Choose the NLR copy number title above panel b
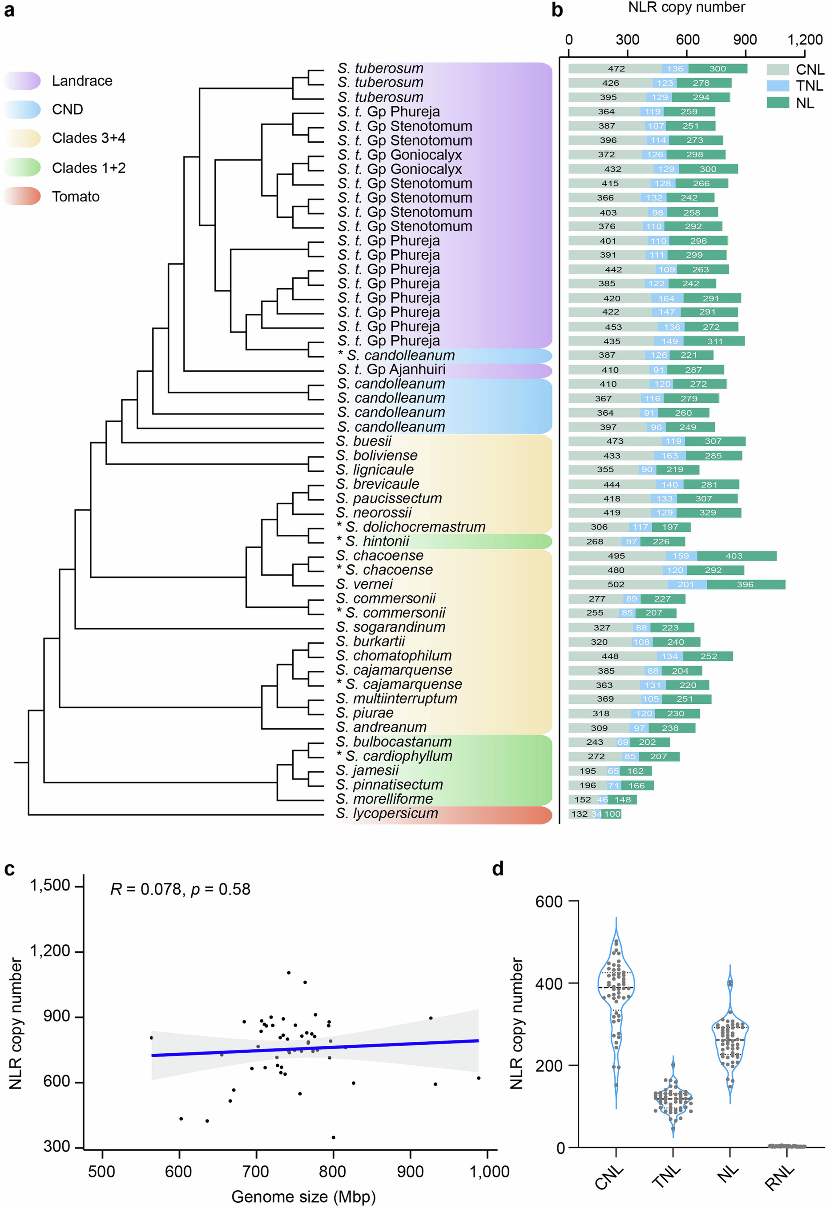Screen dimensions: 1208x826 pyautogui.click(x=686, y=7)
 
